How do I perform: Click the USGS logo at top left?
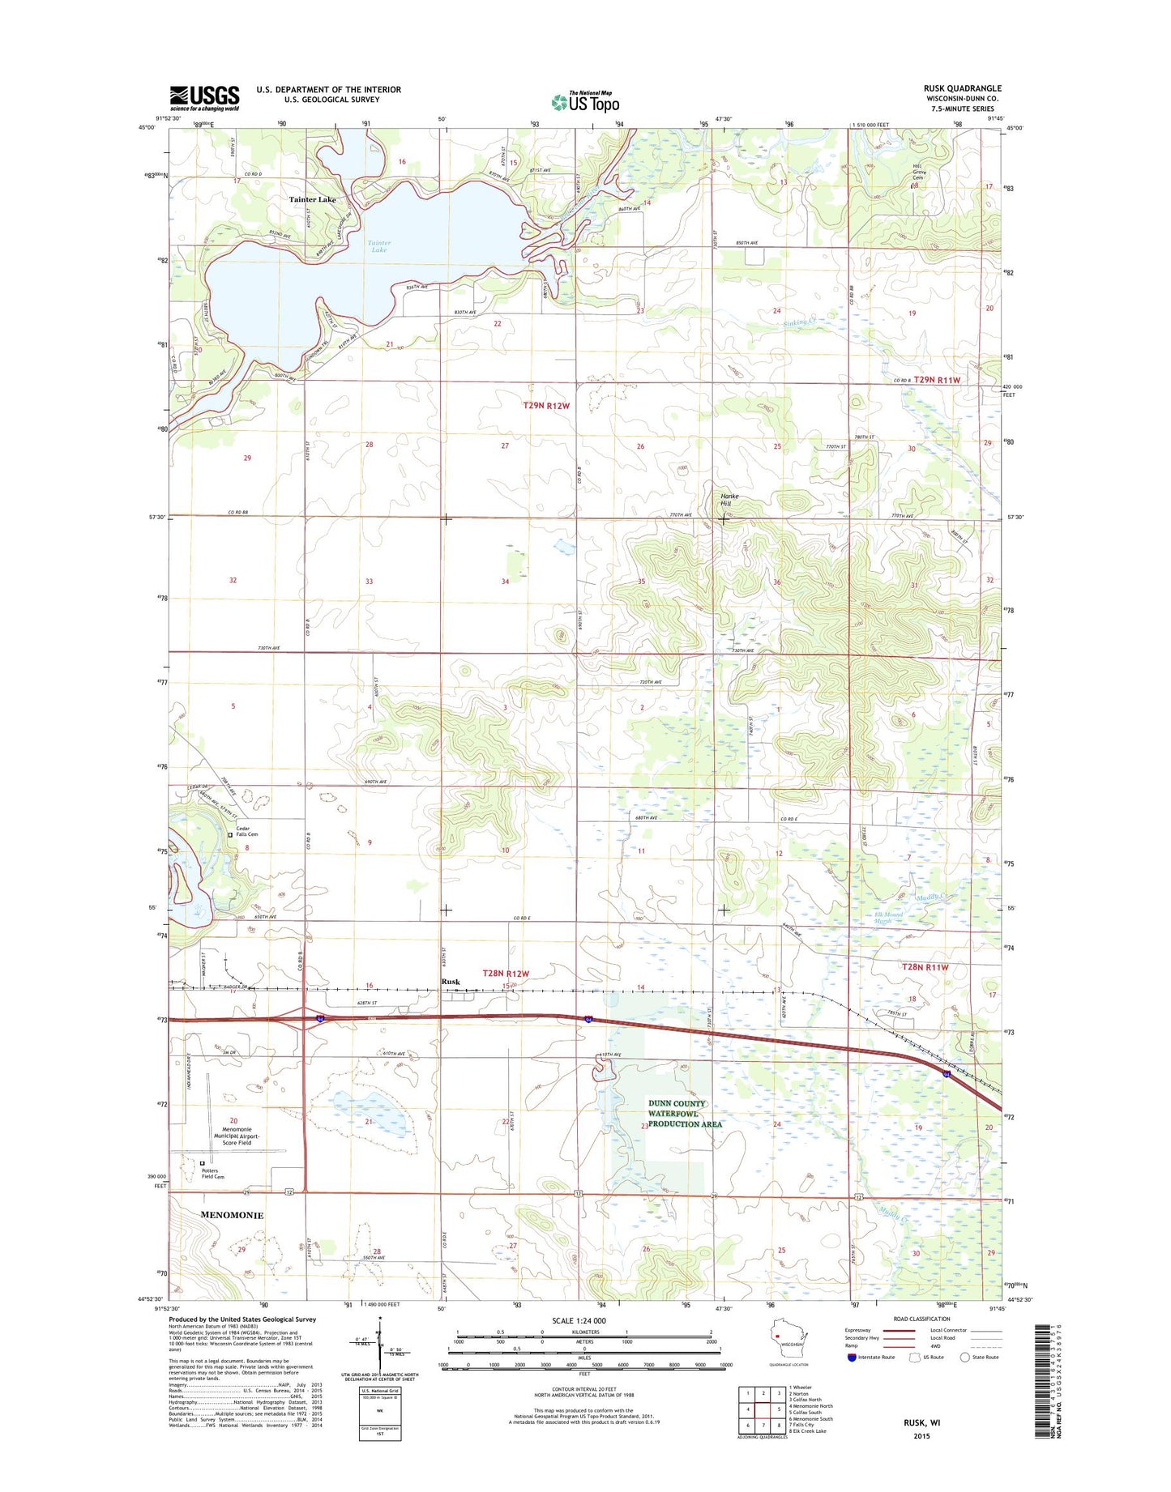(x=204, y=97)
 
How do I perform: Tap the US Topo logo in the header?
(x=585, y=102)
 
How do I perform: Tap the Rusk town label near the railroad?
(x=451, y=982)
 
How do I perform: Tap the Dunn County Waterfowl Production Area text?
(x=685, y=1114)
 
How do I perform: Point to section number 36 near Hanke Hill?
(x=776, y=582)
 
